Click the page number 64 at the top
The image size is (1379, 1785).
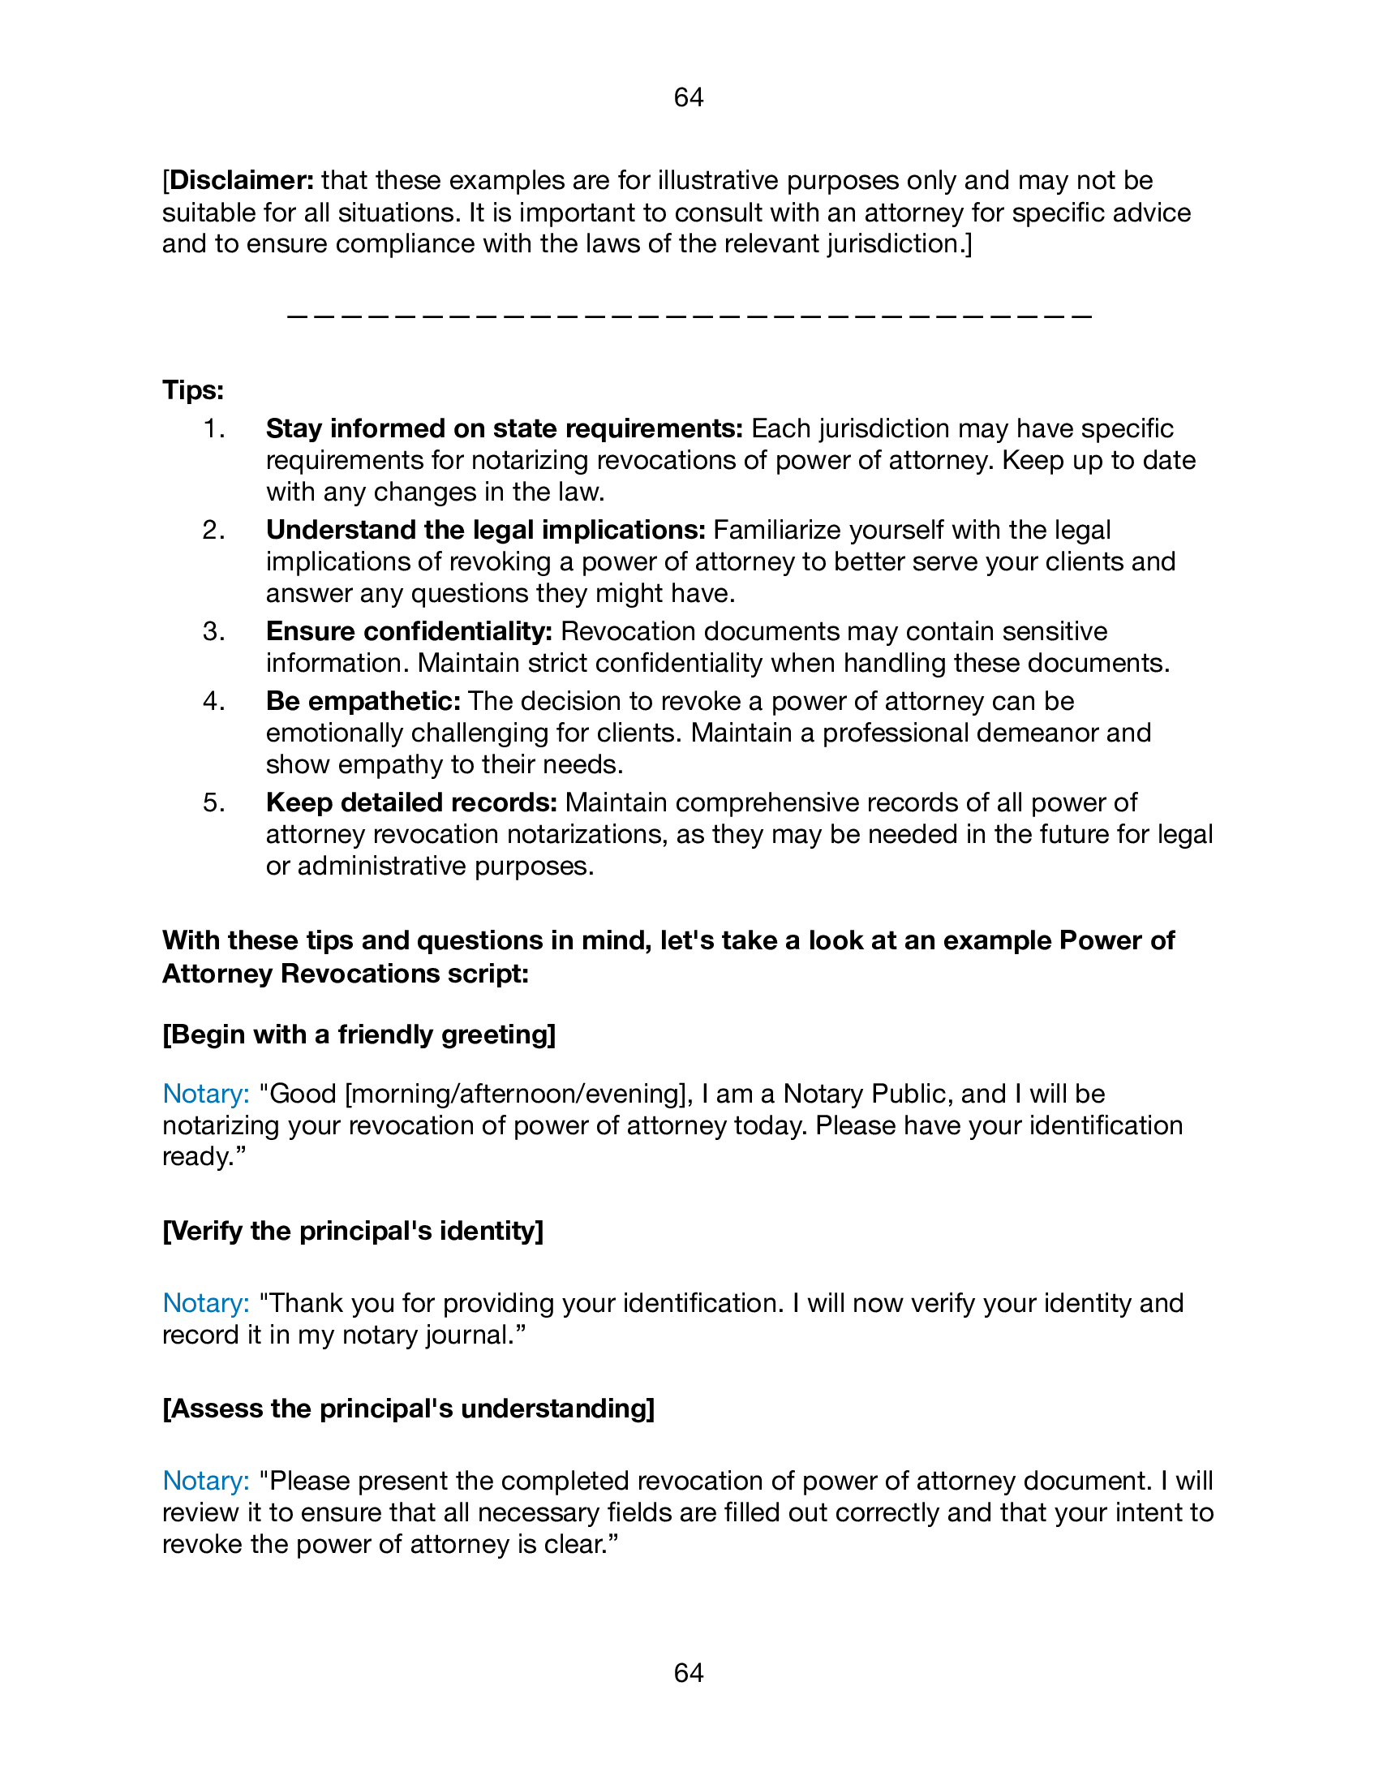pos(689,97)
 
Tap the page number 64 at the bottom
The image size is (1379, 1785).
pos(689,1673)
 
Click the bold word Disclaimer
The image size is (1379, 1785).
pos(241,180)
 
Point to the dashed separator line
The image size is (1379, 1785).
pos(689,316)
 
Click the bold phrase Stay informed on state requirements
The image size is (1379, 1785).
pos(503,428)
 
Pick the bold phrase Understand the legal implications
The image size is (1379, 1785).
pos(485,530)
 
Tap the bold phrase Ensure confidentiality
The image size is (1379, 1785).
pos(409,631)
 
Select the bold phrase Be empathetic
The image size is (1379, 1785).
pos(363,701)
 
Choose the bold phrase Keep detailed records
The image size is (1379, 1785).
pos(411,802)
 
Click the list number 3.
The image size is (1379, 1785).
pos(213,631)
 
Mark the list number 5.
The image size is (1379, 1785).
pos(213,802)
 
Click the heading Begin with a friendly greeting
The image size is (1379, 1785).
pos(359,1034)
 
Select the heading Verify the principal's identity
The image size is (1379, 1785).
pos(353,1230)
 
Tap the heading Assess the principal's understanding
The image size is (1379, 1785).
pos(409,1409)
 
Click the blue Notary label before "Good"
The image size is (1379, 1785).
pos(206,1094)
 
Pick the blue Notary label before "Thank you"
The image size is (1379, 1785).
pos(206,1303)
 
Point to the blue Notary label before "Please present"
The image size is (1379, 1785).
pos(206,1481)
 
